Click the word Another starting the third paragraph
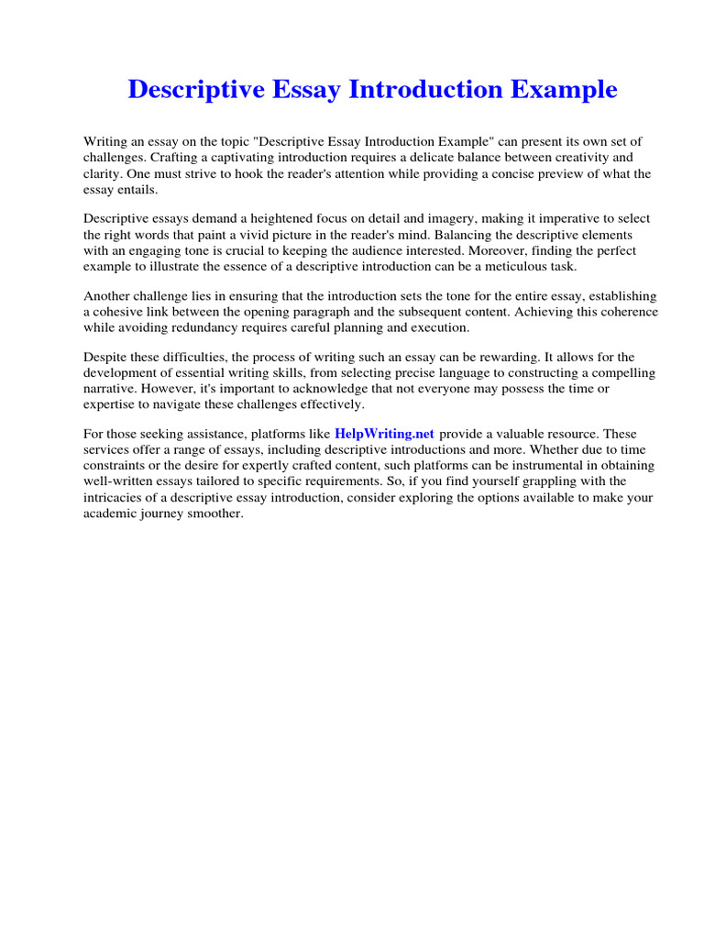point(110,295)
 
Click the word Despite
point(106,357)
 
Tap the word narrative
point(111,388)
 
